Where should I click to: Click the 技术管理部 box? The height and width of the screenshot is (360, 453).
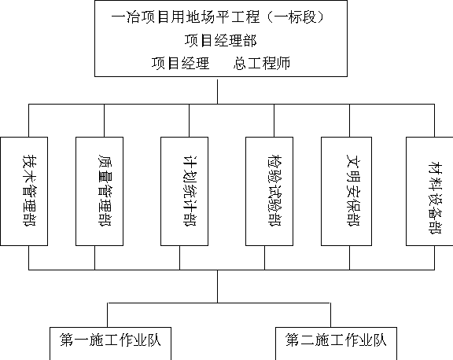point(24,192)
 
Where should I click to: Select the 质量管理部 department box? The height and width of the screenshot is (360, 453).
point(99,192)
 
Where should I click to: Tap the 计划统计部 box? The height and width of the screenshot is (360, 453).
point(184,192)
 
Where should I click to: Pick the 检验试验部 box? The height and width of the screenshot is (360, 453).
point(269,192)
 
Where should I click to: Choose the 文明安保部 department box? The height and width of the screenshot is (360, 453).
point(346,192)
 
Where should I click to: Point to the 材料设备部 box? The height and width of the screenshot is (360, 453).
point(429,192)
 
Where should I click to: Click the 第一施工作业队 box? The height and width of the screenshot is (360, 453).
point(110,343)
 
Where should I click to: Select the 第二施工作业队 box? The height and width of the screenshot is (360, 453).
point(336,343)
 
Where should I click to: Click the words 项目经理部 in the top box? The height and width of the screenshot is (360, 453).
point(221,40)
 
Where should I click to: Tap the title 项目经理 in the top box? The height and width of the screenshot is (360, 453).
point(180,63)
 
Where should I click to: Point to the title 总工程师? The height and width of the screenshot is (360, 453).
point(262,63)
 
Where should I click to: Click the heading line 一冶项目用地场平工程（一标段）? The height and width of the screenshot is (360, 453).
point(218,17)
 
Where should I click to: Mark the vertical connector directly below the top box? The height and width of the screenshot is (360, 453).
point(218,92)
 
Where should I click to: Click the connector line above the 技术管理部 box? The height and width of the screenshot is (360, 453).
point(28,120)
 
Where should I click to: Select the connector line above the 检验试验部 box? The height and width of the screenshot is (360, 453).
point(274,120)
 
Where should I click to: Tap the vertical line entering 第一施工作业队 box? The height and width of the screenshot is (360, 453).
point(108,315)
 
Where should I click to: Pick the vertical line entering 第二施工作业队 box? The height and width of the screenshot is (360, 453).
point(330,315)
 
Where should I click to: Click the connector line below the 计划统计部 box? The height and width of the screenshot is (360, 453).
point(179,258)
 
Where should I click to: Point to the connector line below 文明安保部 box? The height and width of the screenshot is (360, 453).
point(349,258)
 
